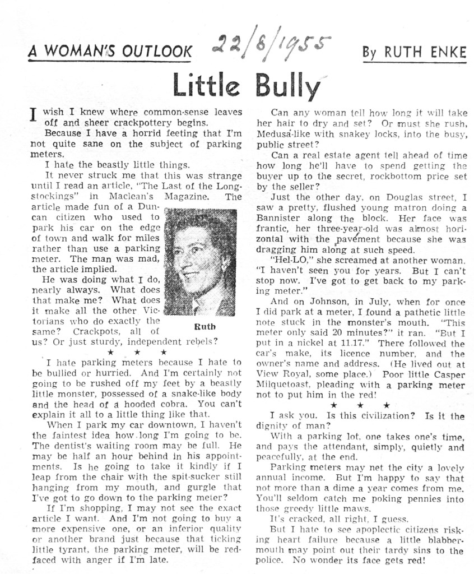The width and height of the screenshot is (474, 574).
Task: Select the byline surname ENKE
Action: [446, 53]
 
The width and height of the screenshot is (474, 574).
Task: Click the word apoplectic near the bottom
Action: [350, 529]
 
